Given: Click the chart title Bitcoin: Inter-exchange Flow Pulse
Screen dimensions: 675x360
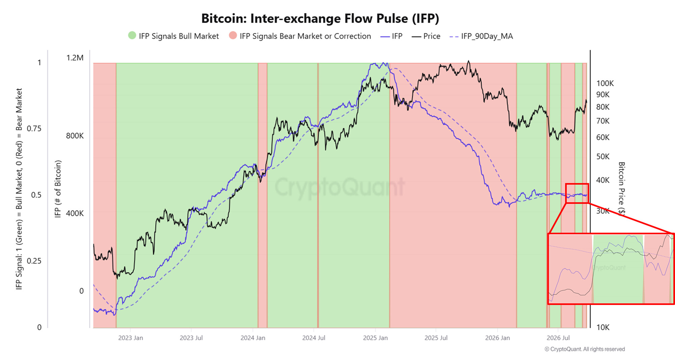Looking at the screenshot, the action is click(320, 19).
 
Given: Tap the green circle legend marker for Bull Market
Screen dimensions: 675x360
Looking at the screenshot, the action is click(132, 35).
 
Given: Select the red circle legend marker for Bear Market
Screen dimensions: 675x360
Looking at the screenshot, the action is click(233, 35).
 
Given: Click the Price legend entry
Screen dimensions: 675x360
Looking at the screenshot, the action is click(426, 36).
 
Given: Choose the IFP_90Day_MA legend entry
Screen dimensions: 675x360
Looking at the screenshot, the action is click(481, 36).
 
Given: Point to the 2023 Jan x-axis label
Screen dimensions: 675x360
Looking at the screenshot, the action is click(131, 338).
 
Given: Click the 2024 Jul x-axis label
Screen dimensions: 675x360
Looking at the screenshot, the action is click(314, 338).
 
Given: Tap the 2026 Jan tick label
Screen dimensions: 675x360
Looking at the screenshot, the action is click(497, 338).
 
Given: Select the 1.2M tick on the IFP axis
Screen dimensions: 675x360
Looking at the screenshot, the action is click(75, 58).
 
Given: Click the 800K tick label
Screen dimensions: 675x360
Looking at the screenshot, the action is click(75, 136).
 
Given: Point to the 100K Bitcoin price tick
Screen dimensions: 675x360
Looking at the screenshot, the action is click(605, 83).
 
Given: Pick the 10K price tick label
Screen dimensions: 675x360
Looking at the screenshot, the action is click(603, 327).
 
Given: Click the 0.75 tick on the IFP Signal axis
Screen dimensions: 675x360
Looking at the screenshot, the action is click(34, 129).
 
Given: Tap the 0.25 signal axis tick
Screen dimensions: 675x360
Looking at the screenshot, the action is click(34, 261).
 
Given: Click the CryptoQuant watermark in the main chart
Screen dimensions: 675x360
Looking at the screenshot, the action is click(340, 187).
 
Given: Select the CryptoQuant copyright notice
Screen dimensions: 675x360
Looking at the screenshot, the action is click(585, 349).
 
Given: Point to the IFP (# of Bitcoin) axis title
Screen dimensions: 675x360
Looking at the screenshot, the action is click(58, 189).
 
